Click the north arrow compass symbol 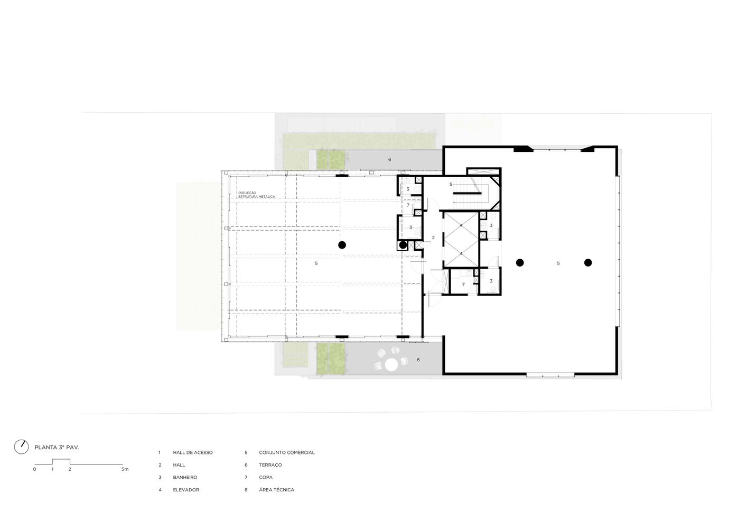click(21, 447)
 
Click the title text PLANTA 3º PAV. click(57, 447)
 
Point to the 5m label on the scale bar click(125, 469)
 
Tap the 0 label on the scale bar click(34, 469)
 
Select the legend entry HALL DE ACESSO click(193, 453)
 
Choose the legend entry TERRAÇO click(270, 465)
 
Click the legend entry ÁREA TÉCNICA click(276, 490)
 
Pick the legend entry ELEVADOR click(186, 490)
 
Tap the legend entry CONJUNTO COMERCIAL click(286, 453)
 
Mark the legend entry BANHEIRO click(185, 478)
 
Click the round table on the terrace click(392, 364)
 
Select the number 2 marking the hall click(433, 238)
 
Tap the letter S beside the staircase click(451, 184)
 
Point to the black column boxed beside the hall click(403, 245)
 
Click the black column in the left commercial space click(342, 244)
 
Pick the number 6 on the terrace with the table click(418, 360)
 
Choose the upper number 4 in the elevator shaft click(461, 226)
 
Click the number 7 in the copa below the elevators click(463, 285)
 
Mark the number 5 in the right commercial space click(558, 263)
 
